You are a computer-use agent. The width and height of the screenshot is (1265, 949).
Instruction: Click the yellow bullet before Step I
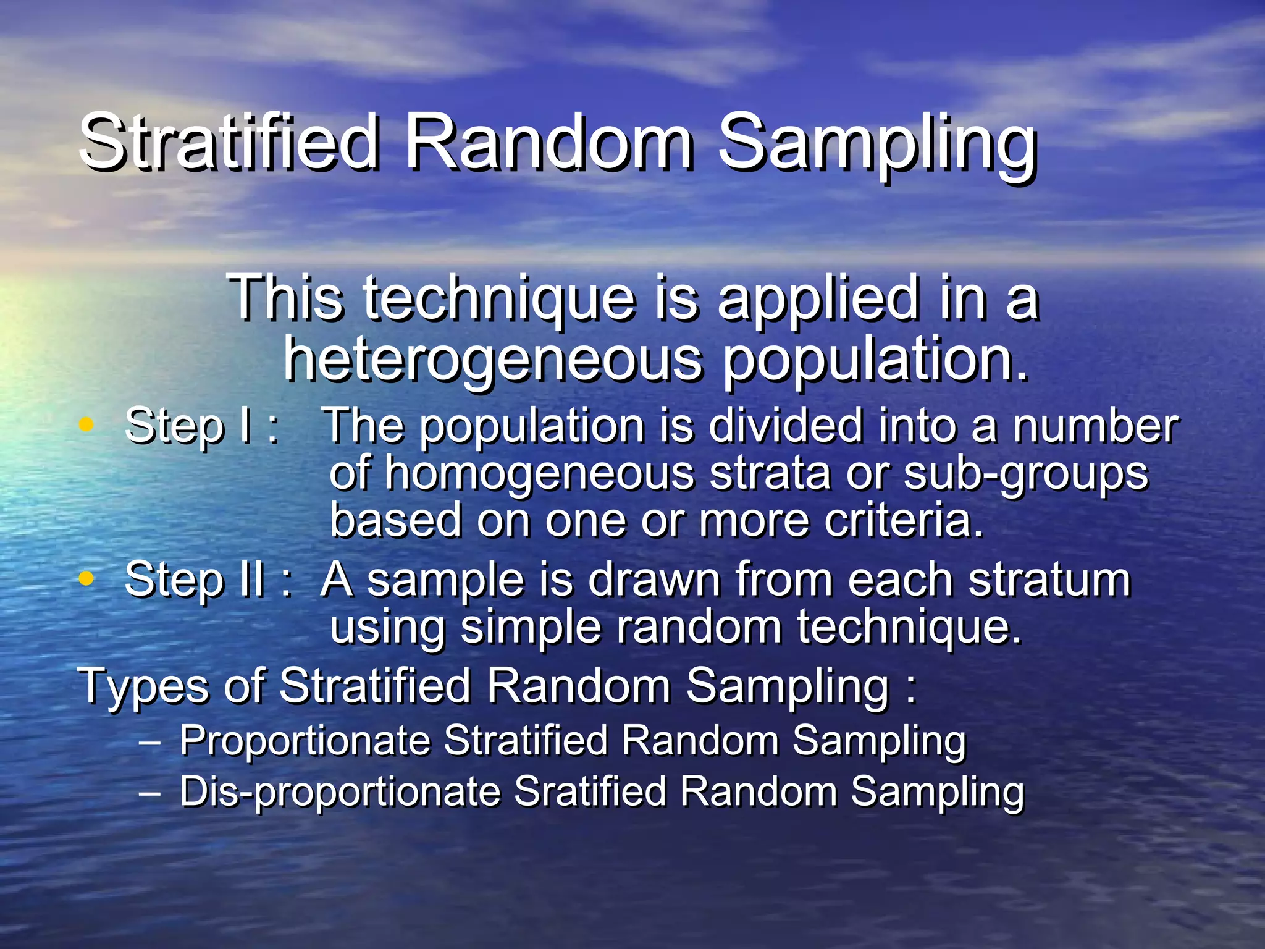(x=86, y=424)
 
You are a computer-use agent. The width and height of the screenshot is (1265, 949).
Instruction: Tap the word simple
(x=531, y=629)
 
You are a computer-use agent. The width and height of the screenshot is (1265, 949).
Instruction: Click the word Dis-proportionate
(x=340, y=793)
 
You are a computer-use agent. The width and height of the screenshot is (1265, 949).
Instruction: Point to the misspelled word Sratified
(x=590, y=791)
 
